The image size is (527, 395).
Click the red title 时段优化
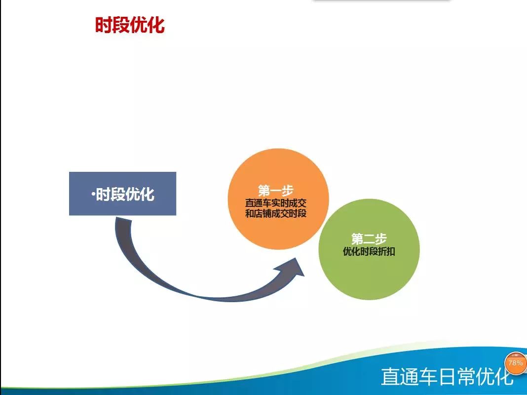pos(130,25)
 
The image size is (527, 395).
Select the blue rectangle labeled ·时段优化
pos(123,194)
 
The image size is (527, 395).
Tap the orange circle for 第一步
pos(278,199)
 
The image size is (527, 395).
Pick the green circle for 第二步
pos(369,249)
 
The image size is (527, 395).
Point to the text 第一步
pos(276,191)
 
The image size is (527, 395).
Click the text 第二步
pos(369,239)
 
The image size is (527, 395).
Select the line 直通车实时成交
pos(276,203)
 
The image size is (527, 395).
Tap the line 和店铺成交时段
pos(276,213)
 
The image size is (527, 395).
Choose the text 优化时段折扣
pos(369,251)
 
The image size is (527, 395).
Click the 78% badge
pos(516,363)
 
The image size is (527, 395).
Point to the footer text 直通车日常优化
pos(448,376)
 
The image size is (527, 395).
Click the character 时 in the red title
pos(104,25)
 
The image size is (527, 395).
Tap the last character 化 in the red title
pos(156,25)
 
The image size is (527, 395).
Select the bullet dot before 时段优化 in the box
pos(93,194)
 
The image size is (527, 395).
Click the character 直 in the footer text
pos(391,376)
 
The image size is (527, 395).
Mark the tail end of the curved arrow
pos(123,219)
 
